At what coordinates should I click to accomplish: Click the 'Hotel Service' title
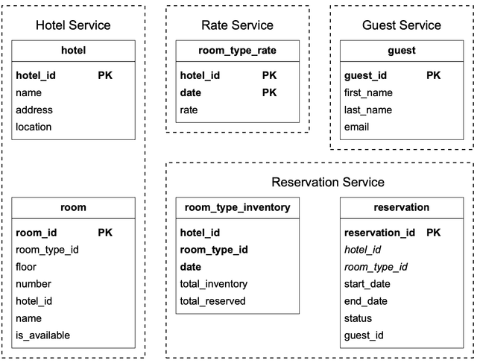(73, 25)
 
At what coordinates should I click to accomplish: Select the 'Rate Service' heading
(237, 25)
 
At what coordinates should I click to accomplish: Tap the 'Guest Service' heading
(402, 25)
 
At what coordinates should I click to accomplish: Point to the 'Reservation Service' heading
(328, 182)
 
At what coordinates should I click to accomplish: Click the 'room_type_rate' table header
(237, 51)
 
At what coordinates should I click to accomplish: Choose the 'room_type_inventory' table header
(237, 207)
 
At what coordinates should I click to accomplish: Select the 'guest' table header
(402, 51)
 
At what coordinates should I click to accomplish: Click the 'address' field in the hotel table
(34, 110)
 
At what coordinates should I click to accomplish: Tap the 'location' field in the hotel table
(34, 127)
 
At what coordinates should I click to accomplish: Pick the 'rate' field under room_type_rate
(189, 110)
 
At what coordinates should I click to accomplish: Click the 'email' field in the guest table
(356, 127)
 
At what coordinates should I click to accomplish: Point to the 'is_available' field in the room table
(42, 335)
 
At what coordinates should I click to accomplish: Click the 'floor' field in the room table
(26, 267)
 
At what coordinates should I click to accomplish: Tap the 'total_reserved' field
(212, 301)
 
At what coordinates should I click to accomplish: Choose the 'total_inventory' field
(214, 284)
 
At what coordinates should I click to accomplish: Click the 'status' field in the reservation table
(358, 318)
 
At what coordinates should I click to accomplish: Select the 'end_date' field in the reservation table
(365, 301)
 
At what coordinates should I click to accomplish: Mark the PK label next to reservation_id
(434, 233)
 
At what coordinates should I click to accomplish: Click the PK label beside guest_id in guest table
(434, 75)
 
